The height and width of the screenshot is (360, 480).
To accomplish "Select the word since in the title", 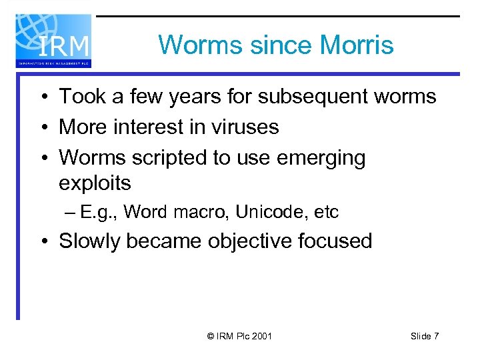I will tap(279, 45).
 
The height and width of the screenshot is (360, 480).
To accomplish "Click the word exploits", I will tap(95, 182).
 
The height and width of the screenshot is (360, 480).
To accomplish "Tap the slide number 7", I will tap(436, 336).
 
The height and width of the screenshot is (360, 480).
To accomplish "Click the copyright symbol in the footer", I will tap(211, 336).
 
